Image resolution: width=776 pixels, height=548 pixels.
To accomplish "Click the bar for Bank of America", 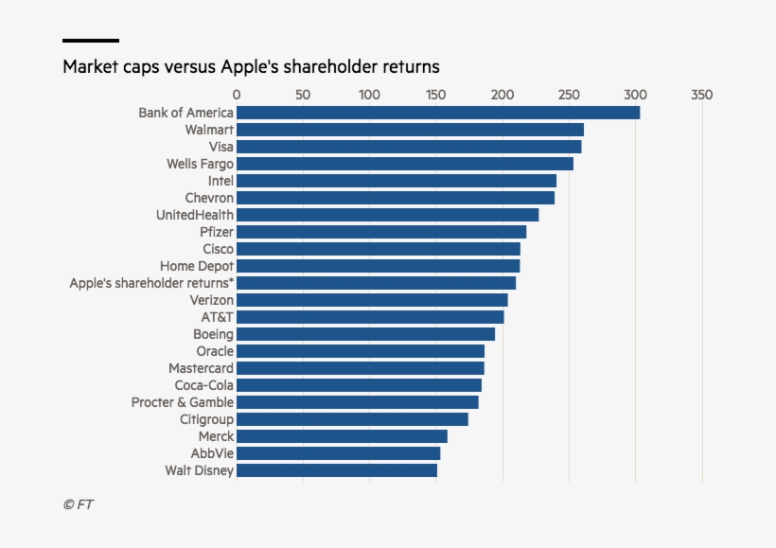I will [x=438, y=113].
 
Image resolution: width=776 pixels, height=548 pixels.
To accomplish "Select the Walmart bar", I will [x=410, y=130].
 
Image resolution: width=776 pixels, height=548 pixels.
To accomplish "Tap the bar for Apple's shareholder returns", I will [x=376, y=283].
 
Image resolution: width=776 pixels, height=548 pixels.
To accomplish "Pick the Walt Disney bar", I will [x=337, y=470].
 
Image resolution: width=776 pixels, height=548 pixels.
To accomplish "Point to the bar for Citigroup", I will [x=352, y=419].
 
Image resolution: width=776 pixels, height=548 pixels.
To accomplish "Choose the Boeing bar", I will [x=365, y=334].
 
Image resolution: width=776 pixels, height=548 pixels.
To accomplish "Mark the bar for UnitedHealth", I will [x=387, y=215].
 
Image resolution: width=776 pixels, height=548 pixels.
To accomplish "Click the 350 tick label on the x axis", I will [x=701, y=95].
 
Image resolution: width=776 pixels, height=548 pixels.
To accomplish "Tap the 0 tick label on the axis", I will [x=237, y=95].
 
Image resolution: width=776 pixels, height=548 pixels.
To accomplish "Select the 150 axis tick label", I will [x=436, y=95].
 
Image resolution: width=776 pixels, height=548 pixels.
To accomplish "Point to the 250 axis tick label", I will [x=569, y=95].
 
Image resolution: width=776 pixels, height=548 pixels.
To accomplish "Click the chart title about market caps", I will [x=251, y=67].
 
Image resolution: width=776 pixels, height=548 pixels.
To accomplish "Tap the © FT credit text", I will [x=79, y=504].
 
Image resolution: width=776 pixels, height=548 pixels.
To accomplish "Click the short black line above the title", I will [x=91, y=41].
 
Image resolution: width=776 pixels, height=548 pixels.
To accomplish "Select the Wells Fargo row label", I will [x=200, y=164].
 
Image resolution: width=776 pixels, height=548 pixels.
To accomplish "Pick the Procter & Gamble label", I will [x=183, y=402].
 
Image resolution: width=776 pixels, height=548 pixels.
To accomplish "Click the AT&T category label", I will [x=217, y=317].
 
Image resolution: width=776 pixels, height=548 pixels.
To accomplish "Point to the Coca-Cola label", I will [x=203, y=385].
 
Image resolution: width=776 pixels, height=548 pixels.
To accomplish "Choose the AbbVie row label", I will [x=212, y=453].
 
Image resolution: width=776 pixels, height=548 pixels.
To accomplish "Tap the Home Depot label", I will [x=196, y=266].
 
